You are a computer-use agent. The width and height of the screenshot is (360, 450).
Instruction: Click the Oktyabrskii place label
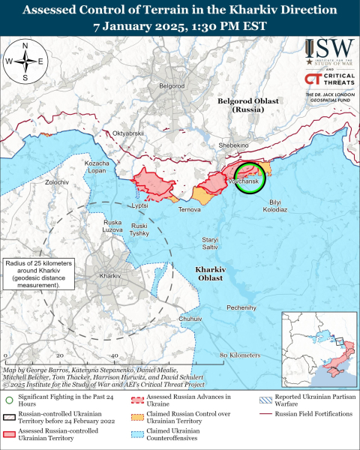click(127, 133)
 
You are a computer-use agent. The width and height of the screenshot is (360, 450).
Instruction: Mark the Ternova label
click(189, 209)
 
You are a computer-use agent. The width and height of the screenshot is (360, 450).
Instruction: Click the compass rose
click(25, 61)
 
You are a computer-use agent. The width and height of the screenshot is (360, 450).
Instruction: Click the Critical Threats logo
click(328, 80)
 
